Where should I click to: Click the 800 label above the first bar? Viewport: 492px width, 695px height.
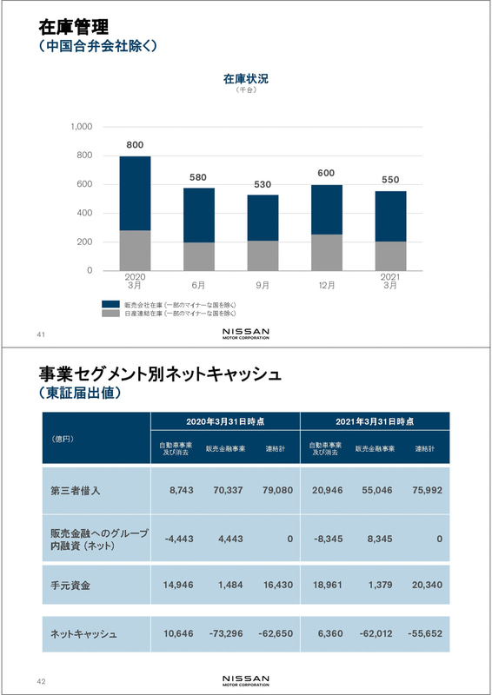[135, 144]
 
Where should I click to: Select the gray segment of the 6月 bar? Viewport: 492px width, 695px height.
[198, 256]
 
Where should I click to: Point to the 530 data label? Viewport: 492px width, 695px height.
[263, 184]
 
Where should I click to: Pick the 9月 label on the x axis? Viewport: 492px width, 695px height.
[263, 284]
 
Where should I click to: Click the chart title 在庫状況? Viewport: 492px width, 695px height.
[246, 78]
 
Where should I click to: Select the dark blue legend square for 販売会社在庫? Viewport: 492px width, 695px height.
[110, 305]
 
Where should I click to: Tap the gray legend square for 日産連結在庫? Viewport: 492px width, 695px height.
[110, 313]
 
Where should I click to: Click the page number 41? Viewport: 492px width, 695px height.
[41, 334]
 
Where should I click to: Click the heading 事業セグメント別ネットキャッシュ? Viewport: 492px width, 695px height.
[160, 374]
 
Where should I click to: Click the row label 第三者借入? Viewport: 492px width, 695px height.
[76, 490]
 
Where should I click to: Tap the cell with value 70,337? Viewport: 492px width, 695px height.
[227, 490]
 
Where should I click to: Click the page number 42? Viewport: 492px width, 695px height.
[41, 681]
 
